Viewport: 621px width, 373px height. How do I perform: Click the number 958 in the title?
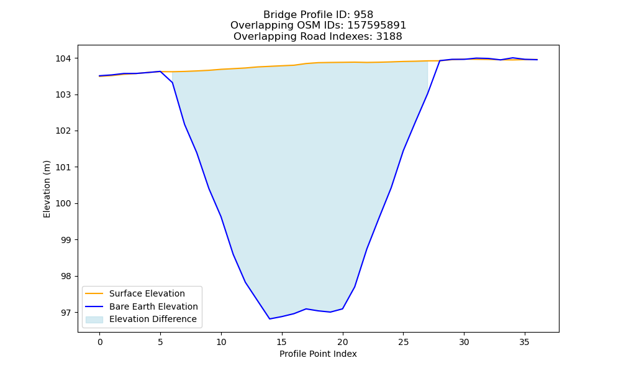363,15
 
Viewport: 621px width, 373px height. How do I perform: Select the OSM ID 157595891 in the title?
377,25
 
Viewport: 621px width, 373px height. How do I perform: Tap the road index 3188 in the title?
389,37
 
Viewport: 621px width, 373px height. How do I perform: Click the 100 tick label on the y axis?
63,204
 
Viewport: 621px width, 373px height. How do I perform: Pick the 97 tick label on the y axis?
66,313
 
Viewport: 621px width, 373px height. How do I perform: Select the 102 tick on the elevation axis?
63,131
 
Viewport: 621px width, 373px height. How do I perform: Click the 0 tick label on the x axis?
100,342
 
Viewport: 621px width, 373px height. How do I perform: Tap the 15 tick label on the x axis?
281,342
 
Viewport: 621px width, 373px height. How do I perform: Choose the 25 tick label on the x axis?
403,342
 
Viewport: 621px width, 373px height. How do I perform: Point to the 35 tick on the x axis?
524,342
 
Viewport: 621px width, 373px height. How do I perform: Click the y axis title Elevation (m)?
47,189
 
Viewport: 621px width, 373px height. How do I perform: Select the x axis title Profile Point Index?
318,354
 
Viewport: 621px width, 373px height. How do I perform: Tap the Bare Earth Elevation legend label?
153,306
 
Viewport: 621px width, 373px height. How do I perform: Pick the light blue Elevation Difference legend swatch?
94,320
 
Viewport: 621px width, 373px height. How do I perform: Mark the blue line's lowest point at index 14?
270,319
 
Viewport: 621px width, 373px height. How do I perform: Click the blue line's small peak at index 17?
306,308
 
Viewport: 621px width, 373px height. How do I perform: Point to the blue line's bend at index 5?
160,71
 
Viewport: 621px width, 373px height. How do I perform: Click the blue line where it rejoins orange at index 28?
440,61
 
